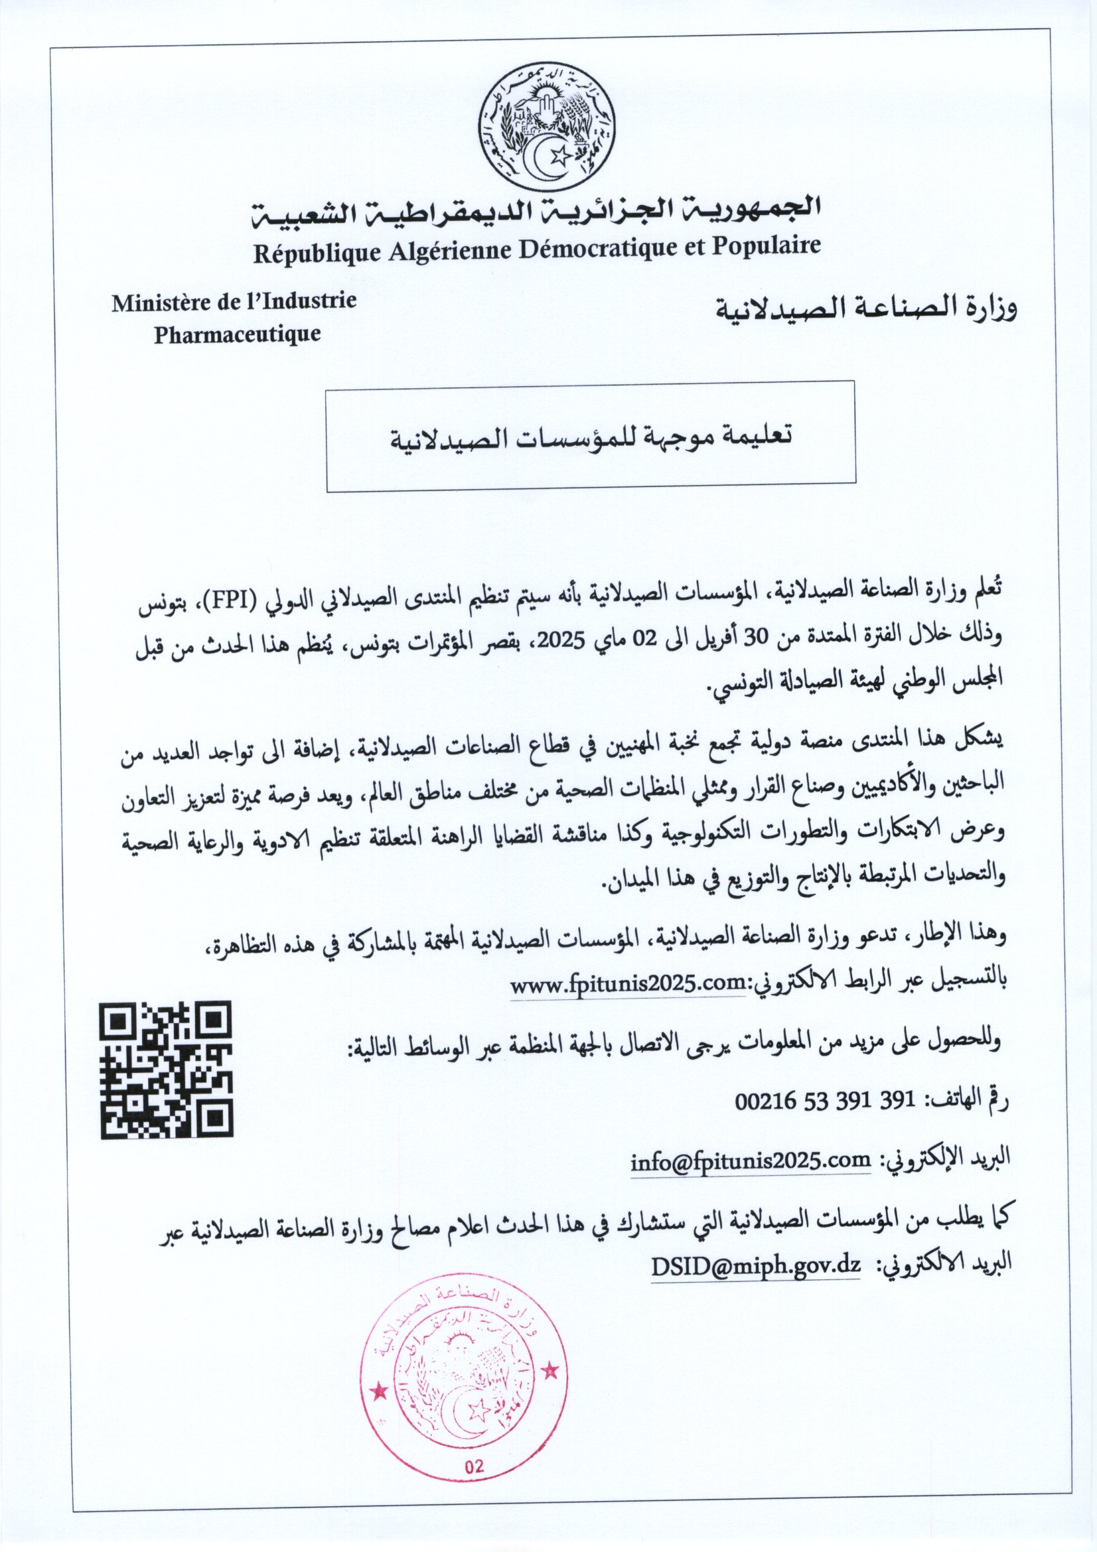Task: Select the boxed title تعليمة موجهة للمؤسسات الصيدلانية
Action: (x=590, y=436)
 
